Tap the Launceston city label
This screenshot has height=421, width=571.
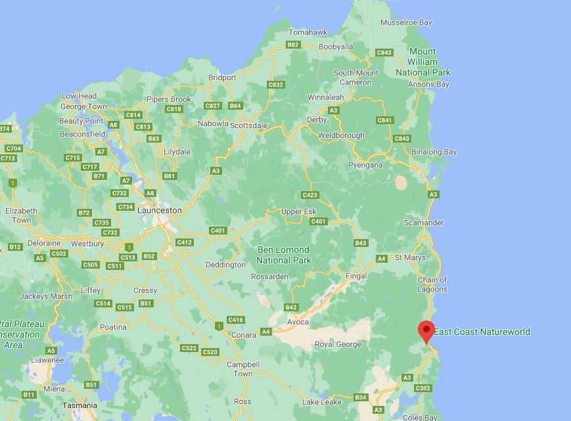[x=160, y=210]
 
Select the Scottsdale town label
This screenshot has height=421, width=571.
[x=248, y=125]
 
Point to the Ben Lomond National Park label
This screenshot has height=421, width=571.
[x=284, y=255]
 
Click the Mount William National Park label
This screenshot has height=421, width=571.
[x=423, y=62]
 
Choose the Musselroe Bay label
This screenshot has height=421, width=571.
[x=406, y=22]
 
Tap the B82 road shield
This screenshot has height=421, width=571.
[x=293, y=45]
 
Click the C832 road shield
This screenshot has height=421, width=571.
[x=276, y=85]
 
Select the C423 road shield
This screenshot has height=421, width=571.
[x=309, y=195]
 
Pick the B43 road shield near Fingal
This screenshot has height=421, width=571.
[x=360, y=243]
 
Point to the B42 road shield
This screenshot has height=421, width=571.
[x=291, y=307]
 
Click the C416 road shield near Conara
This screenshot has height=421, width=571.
[x=235, y=320]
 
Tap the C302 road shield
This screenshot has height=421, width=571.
[x=423, y=388]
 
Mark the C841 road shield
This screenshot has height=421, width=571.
[x=384, y=120]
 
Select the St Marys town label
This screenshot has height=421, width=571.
[x=410, y=257]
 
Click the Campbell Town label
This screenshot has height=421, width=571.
[x=243, y=369]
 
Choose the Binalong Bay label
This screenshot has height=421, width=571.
[x=434, y=152]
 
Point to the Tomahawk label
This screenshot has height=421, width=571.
[x=308, y=32]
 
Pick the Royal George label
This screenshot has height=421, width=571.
[x=338, y=344]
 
